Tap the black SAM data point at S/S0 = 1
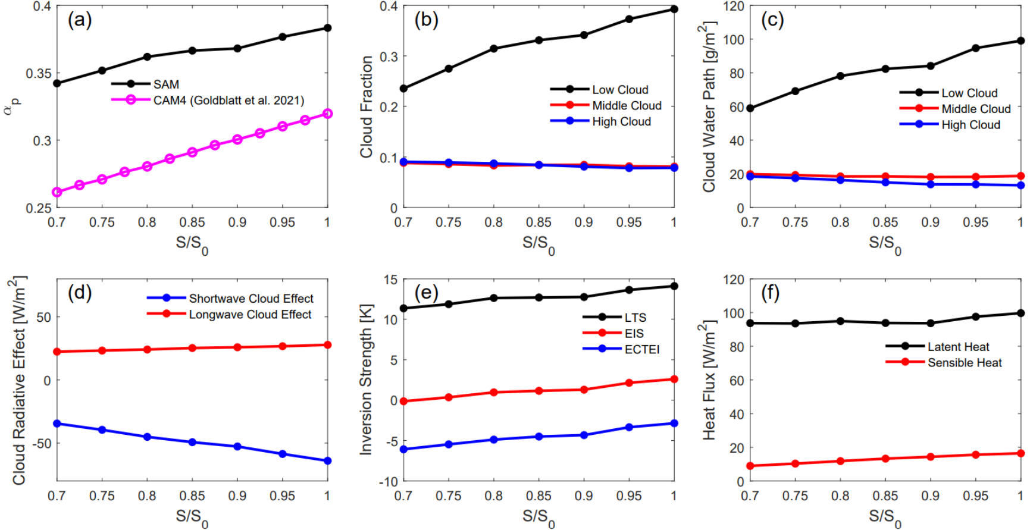point(327,28)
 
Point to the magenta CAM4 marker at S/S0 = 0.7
point(57,192)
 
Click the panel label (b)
point(426,20)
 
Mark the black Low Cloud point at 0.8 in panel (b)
point(494,49)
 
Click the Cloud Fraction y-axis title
point(367,107)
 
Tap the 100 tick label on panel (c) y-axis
point(733,40)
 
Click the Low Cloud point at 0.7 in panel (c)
point(750,108)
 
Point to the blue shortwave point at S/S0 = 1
point(327,461)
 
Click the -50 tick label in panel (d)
point(42,444)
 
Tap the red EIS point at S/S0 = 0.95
point(629,383)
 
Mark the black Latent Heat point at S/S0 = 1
point(1021,313)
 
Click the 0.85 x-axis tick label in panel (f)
point(885,496)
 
